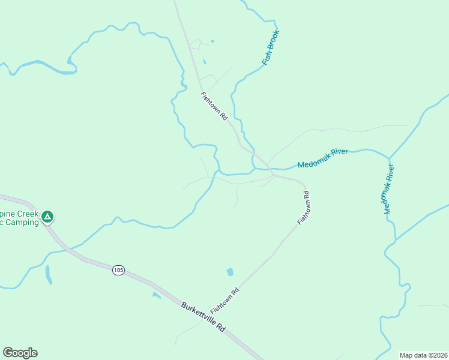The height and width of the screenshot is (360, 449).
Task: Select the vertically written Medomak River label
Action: pos(389,190)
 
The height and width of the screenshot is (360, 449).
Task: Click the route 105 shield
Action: pos(118,271)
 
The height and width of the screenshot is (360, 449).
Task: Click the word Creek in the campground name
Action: pos(26,214)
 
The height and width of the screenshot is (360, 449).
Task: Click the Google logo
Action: pos(20,353)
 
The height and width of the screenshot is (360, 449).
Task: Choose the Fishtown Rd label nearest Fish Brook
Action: pos(215,106)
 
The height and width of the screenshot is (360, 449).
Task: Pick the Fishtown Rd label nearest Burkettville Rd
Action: pos(225,301)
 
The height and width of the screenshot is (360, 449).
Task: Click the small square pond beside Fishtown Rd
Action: pos(229,272)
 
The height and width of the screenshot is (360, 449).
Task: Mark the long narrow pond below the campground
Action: pos(48,274)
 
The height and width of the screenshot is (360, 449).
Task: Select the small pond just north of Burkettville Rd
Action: pos(156,295)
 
